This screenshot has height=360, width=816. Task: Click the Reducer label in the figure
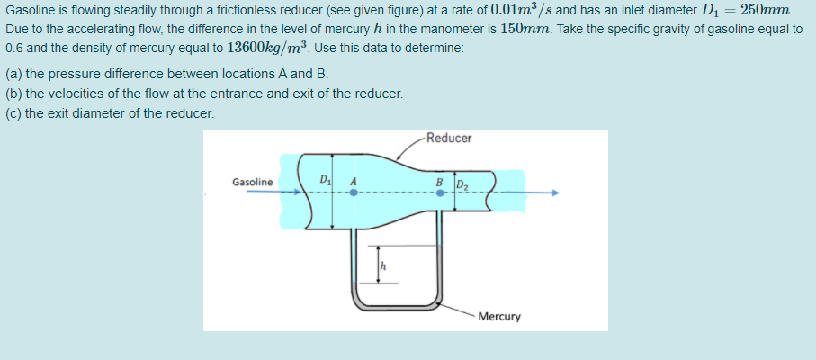[449, 139]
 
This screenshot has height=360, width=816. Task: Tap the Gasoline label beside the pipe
[252, 183]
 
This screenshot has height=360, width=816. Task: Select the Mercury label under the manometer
[499, 317]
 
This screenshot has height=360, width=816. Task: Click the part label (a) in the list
[13, 75]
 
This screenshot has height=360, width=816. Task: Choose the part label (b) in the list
[13, 94]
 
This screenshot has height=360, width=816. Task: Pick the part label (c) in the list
[13, 113]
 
